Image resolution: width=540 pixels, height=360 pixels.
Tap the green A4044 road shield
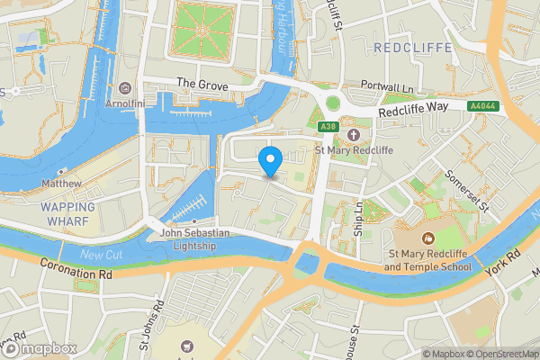tap(481, 106)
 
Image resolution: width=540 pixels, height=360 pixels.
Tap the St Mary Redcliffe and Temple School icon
tap(427, 238)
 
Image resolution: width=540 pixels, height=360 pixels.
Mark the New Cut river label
tap(98, 256)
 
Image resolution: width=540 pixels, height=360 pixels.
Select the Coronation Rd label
tap(76, 270)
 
